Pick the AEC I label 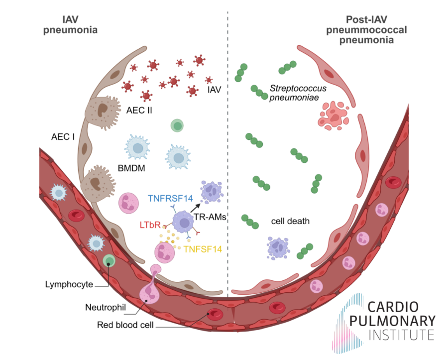coord(63,135)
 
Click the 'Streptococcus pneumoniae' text coord(298,93)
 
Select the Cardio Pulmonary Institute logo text coord(398,320)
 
